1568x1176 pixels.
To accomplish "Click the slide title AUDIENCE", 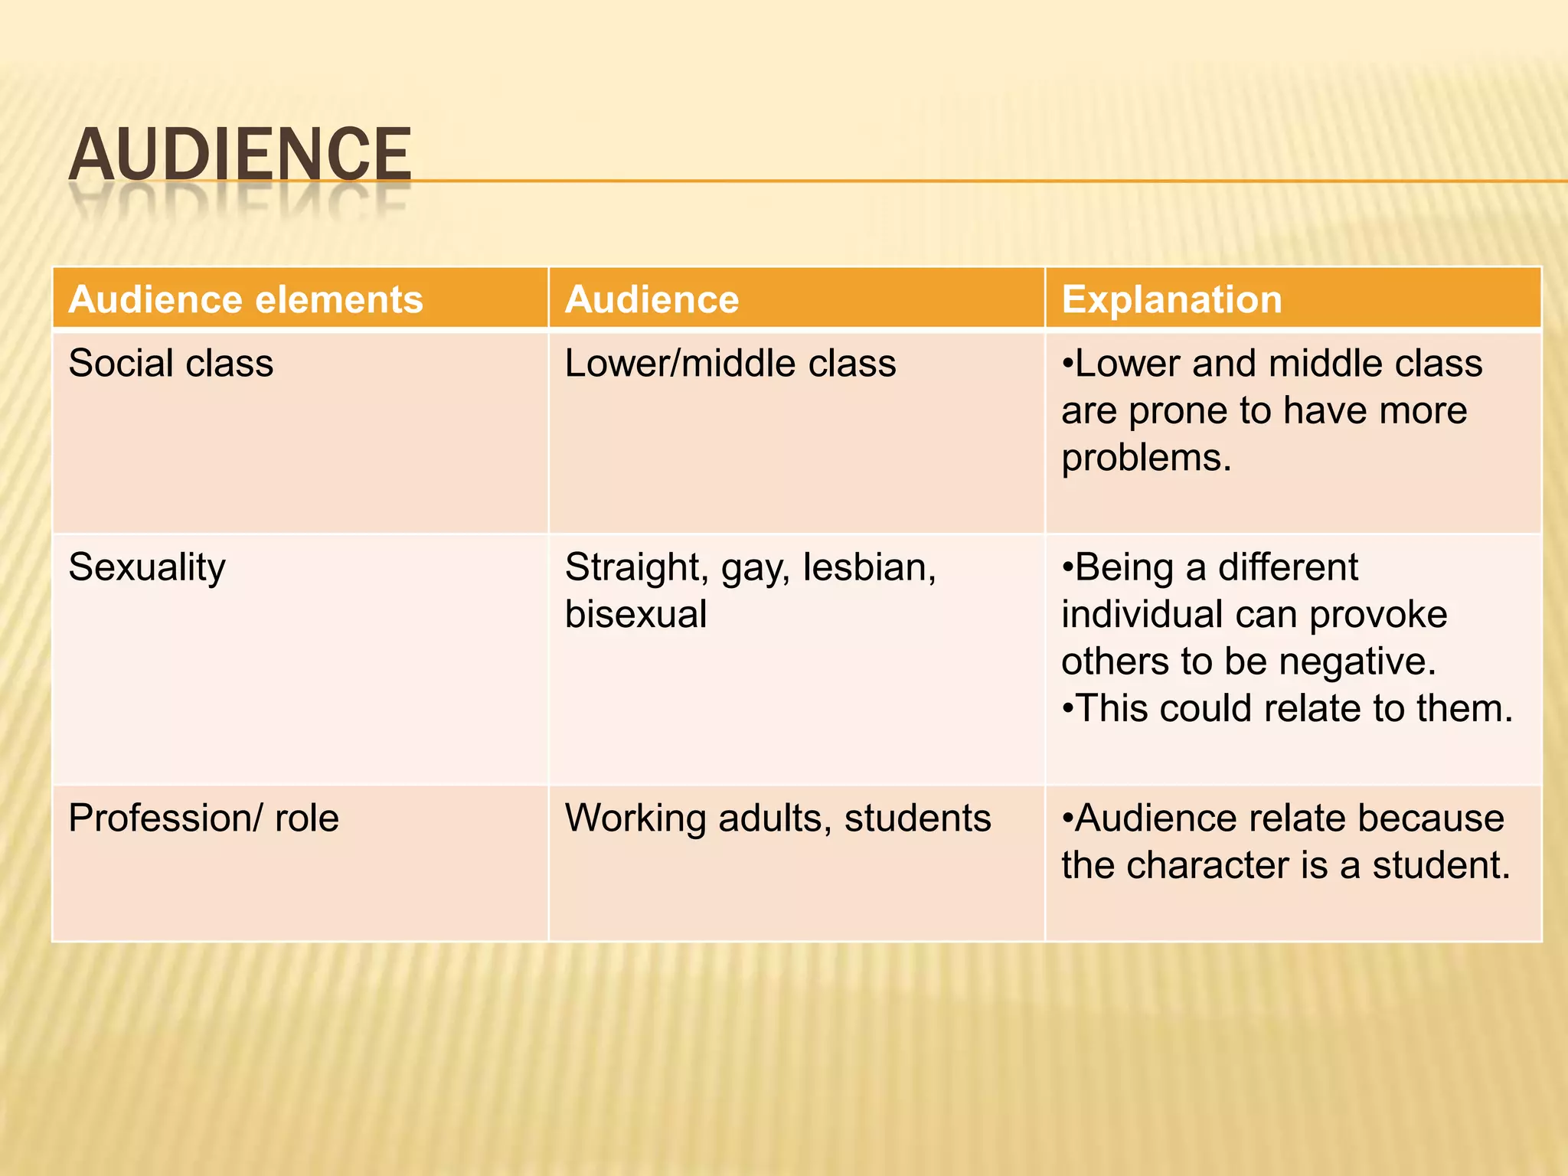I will click(240, 155).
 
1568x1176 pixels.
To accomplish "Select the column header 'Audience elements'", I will click(246, 299).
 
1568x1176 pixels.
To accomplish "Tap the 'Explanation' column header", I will click(1171, 299).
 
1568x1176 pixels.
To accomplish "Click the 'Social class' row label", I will click(171, 363).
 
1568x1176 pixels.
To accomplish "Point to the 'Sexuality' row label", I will click(147, 568).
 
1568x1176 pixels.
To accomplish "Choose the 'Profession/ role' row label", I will click(204, 818).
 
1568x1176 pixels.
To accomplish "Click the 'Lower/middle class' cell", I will click(730, 363).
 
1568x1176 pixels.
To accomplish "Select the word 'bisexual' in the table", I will click(635, 615).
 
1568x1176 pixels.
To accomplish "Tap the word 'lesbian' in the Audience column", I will click(868, 568).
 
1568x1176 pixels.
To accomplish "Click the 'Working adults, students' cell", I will click(778, 818).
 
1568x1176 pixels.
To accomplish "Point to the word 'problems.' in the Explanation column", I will click(1146, 459).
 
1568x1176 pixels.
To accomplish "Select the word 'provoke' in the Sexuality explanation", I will click(1378, 615).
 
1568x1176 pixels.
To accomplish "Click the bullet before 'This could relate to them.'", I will click(1067, 709).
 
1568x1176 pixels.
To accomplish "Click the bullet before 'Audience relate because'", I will click(1067, 818).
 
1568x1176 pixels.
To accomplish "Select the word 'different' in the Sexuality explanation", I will click(1288, 568).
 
